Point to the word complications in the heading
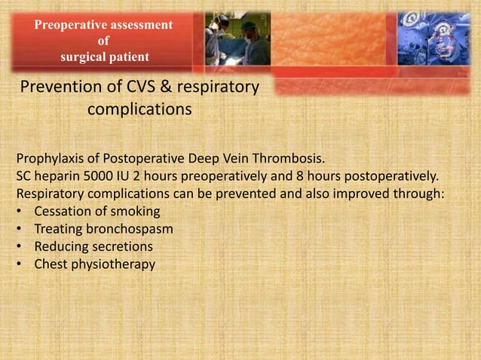(x=139, y=110)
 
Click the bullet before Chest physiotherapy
(x=19, y=264)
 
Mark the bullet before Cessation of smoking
(x=19, y=212)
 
